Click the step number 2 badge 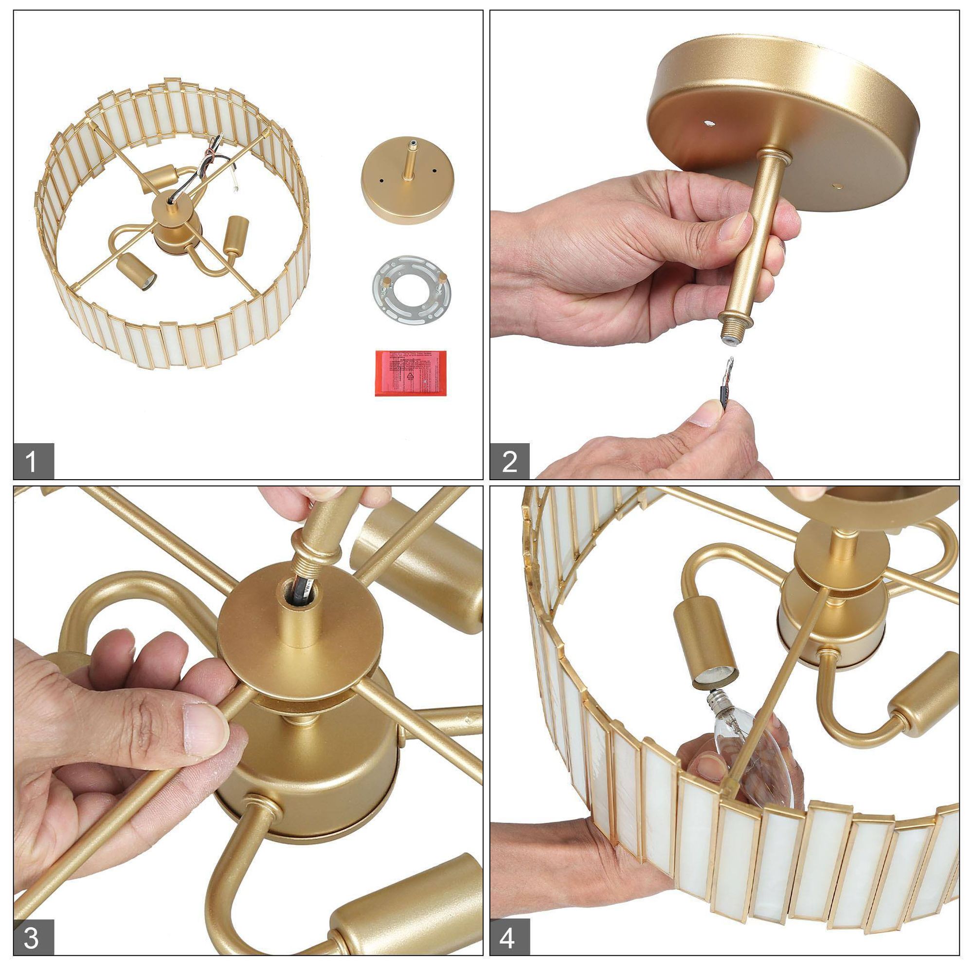pos(510,461)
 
